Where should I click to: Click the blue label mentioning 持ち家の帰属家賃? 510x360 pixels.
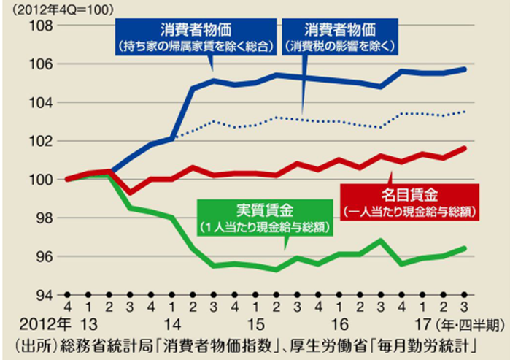tap(194, 38)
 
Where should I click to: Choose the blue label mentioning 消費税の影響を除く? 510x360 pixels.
tap(339, 38)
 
